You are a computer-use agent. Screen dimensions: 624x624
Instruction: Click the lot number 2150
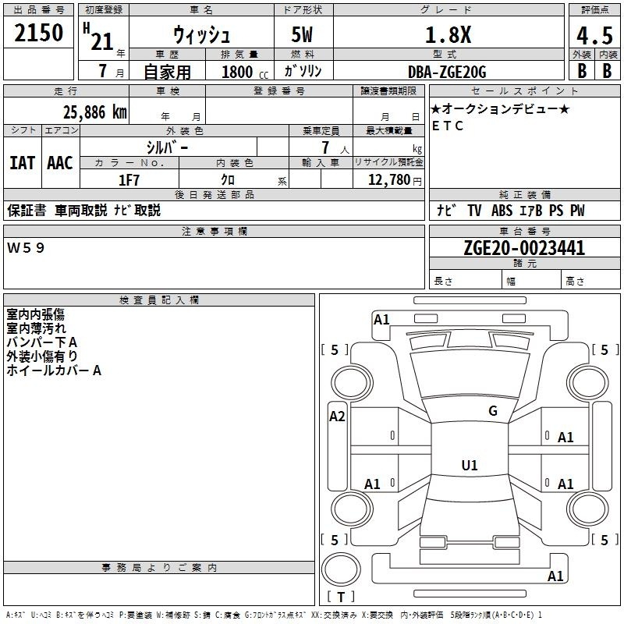(38, 33)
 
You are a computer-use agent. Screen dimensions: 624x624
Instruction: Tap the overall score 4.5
(594, 36)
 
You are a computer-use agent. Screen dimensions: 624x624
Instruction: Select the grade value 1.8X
(448, 34)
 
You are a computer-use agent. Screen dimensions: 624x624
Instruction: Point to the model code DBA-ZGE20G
(447, 72)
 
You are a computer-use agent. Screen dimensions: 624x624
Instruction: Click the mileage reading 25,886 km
(94, 112)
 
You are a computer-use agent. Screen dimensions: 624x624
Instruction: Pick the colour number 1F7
(129, 180)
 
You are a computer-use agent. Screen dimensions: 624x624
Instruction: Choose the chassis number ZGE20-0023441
(524, 248)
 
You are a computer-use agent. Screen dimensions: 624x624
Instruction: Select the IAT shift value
(23, 163)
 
